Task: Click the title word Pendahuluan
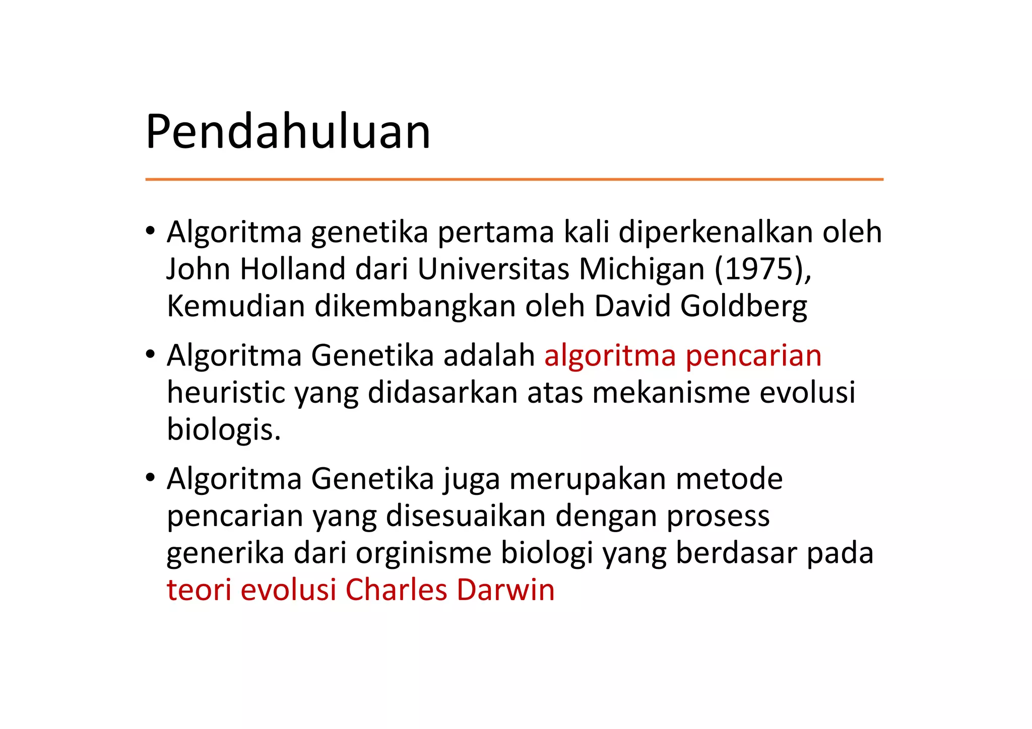click(288, 132)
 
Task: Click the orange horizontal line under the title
click(514, 179)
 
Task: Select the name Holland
click(293, 269)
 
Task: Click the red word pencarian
click(753, 356)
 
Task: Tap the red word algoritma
click(610, 356)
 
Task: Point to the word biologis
click(224, 430)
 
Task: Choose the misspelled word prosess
click(718, 516)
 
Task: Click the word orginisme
click(423, 553)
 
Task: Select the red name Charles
click(397, 590)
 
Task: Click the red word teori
click(199, 590)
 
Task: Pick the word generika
click(225, 553)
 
